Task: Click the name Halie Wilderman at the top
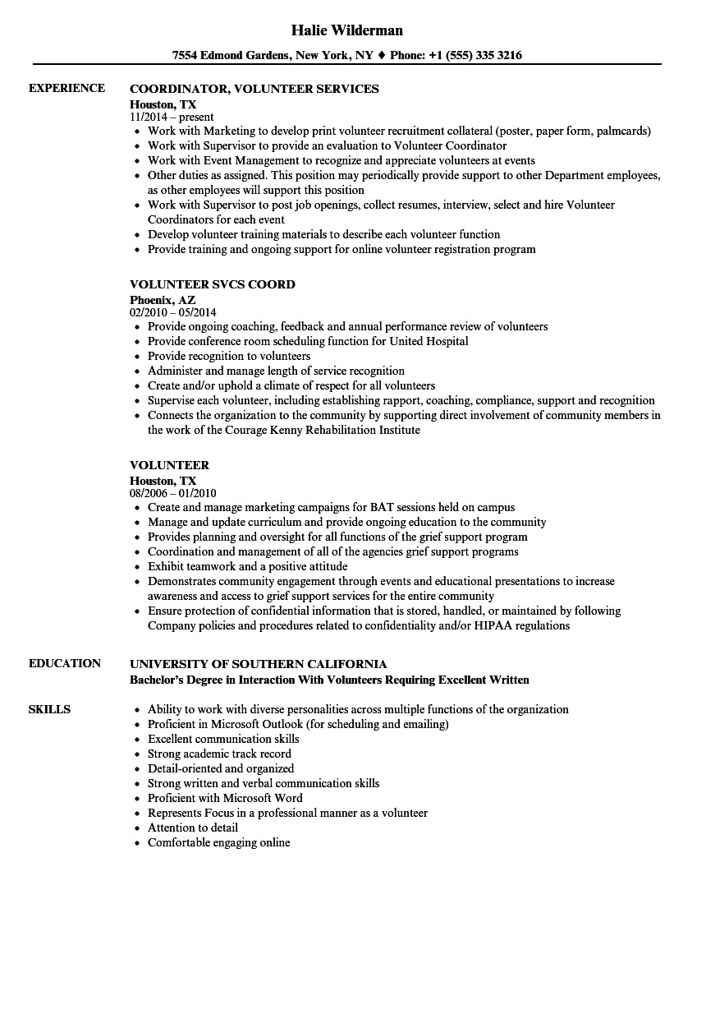(x=347, y=30)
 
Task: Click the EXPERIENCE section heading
(x=66, y=88)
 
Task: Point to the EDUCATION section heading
(x=65, y=663)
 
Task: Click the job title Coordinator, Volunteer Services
(x=254, y=89)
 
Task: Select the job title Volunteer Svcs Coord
(x=213, y=284)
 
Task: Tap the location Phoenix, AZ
(x=163, y=300)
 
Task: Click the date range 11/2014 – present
(x=172, y=117)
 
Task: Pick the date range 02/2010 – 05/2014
(x=173, y=312)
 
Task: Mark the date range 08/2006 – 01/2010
(x=173, y=493)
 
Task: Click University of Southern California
(x=259, y=664)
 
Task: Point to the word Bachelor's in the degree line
(x=160, y=680)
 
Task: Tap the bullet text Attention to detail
(x=193, y=828)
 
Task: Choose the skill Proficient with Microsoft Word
(x=225, y=798)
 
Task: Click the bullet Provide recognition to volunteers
(x=229, y=356)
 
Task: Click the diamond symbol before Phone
(x=381, y=56)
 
